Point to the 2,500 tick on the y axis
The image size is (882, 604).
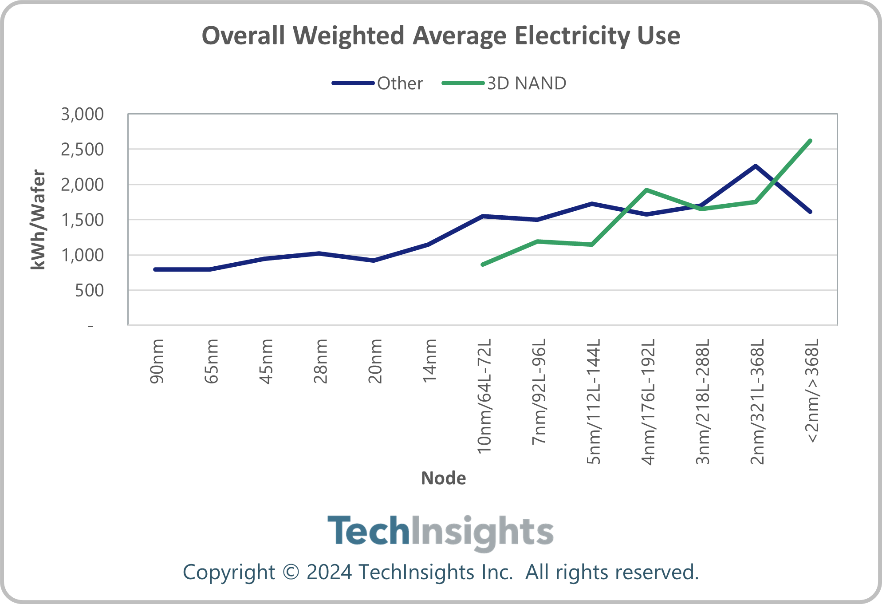pyautogui.click(x=83, y=150)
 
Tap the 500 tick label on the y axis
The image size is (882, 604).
pyautogui.click(x=89, y=291)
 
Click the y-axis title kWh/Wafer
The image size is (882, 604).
pyautogui.click(x=38, y=220)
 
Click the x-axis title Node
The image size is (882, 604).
pyautogui.click(x=443, y=478)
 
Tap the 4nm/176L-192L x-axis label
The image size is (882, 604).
pyautogui.click(x=648, y=402)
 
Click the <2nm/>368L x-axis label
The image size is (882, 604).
pyautogui.click(x=812, y=391)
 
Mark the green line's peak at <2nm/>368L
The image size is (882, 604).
pyautogui.click(x=810, y=141)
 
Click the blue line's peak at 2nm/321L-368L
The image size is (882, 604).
pyautogui.click(x=756, y=166)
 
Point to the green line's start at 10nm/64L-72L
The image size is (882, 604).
pyautogui.click(x=483, y=264)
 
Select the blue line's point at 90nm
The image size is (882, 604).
pyautogui.click(x=155, y=269)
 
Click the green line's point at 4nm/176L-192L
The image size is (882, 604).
pyautogui.click(x=647, y=190)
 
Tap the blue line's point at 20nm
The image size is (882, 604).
pyautogui.click(x=374, y=261)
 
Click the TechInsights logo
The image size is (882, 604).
pyautogui.click(x=441, y=532)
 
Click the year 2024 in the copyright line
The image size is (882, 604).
pyautogui.click(x=329, y=572)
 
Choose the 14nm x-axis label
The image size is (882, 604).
pyautogui.click(x=429, y=360)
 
